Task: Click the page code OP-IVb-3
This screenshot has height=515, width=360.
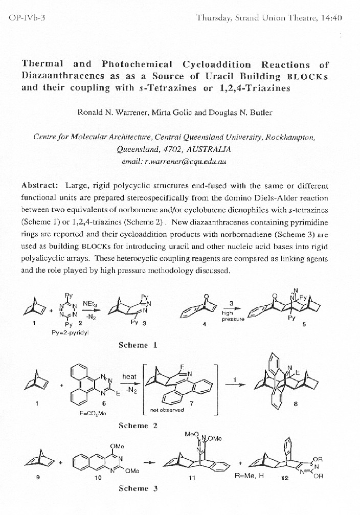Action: [x=27, y=18]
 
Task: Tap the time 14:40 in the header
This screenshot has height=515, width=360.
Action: [x=331, y=18]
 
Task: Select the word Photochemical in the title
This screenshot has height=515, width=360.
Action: [x=136, y=64]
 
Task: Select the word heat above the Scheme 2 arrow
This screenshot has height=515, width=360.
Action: [x=129, y=376]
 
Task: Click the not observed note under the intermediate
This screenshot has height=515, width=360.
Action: [x=167, y=410]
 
